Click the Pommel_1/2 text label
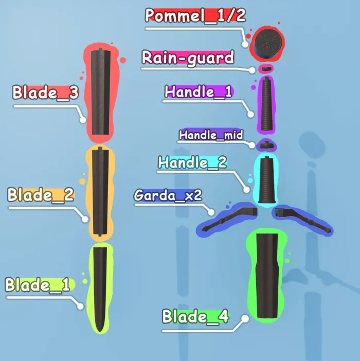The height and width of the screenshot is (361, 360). tap(195, 15)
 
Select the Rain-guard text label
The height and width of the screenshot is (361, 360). tap(188, 58)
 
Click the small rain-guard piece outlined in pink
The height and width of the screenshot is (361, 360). tap(266, 68)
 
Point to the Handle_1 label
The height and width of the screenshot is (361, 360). tap(198, 92)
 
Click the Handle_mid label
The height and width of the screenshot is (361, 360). tap(211, 135)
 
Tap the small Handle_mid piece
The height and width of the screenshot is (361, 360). tap(266, 145)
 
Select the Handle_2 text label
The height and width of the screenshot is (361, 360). tap(192, 163)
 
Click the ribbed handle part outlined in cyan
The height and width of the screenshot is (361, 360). tap(266, 180)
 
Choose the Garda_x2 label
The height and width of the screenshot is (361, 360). tap(168, 195)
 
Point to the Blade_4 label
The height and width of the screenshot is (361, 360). tap(195, 317)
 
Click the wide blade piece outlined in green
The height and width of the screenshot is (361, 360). tap(267, 276)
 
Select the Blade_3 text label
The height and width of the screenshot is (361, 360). tap(45, 93)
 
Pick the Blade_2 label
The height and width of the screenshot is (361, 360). tap(41, 195)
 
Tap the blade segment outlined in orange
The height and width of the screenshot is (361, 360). tap(100, 191)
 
